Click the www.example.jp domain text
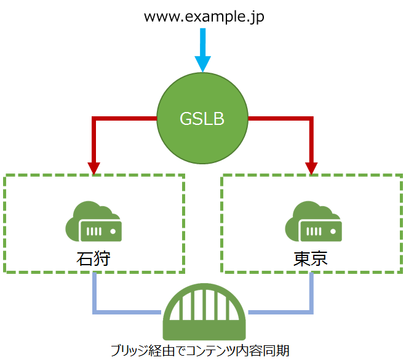click(x=203, y=17)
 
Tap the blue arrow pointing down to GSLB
click(x=203, y=49)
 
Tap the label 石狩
click(x=94, y=258)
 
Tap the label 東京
click(x=312, y=258)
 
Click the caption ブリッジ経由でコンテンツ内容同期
click(x=203, y=350)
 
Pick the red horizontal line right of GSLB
click(x=280, y=118)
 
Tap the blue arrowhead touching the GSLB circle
click(x=203, y=64)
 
